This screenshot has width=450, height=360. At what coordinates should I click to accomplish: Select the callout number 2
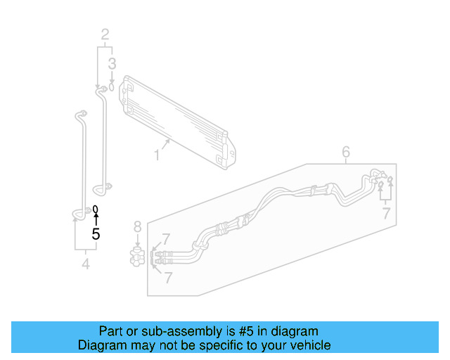(x=105, y=34)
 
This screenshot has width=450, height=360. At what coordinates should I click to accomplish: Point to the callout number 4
(x=85, y=264)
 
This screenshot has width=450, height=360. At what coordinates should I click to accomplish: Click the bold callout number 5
(x=96, y=234)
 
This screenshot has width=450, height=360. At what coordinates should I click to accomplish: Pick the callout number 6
(x=346, y=152)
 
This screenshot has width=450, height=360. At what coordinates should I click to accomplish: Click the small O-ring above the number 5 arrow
(x=96, y=210)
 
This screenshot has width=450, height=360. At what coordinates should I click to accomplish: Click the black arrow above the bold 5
(x=96, y=219)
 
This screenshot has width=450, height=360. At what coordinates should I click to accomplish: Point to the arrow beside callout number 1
(x=167, y=143)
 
